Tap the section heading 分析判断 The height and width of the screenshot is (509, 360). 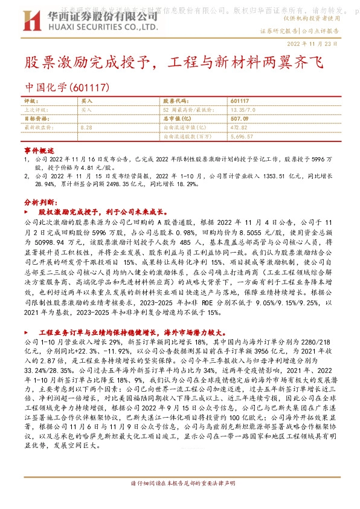tap(40, 201)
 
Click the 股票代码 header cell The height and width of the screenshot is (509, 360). tap(175, 102)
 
